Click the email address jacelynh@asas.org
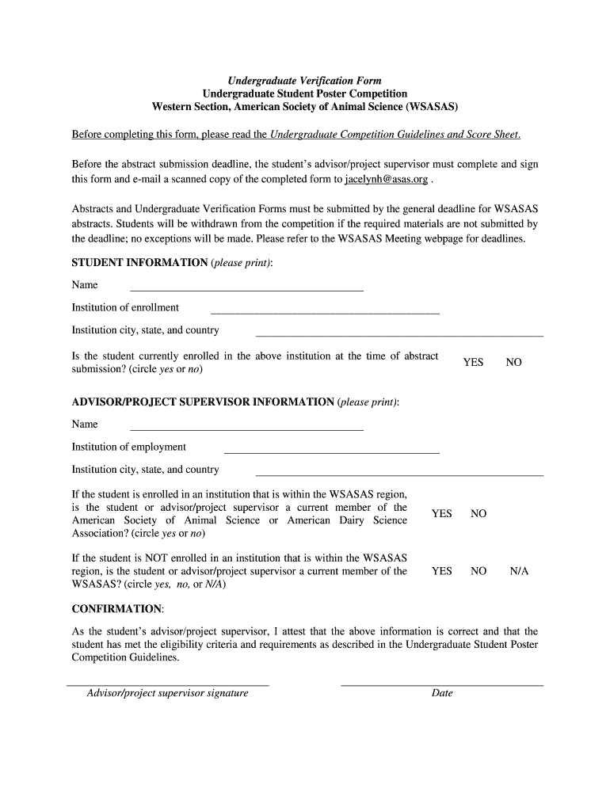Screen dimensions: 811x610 (x=386, y=180)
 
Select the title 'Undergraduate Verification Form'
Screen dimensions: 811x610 (x=305, y=81)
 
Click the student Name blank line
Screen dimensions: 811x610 (x=246, y=290)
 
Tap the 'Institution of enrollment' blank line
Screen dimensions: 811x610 (x=324, y=313)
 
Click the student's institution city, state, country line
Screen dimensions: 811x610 (x=399, y=336)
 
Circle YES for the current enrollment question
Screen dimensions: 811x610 (x=473, y=363)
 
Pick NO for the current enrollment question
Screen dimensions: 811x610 (x=514, y=363)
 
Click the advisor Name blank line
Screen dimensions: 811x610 (x=246, y=429)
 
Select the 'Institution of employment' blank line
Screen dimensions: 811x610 (x=332, y=452)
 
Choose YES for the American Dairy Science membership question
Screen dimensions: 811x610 (x=441, y=514)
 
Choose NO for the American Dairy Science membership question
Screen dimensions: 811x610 (x=478, y=514)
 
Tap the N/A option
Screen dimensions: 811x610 (x=519, y=571)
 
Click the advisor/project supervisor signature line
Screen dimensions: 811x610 (x=168, y=683)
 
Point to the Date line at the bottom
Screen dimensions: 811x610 (x=442, y=683)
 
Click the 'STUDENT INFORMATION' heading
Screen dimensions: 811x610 (x=139, y=263)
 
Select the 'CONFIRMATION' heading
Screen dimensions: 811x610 (x=117, y=609)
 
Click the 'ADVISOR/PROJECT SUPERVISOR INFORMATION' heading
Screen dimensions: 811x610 (x=203, y=402)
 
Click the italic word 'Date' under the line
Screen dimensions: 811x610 (x=442, y=694)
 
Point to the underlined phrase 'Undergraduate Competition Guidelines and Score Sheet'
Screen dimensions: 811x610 (x=395, y=135)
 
